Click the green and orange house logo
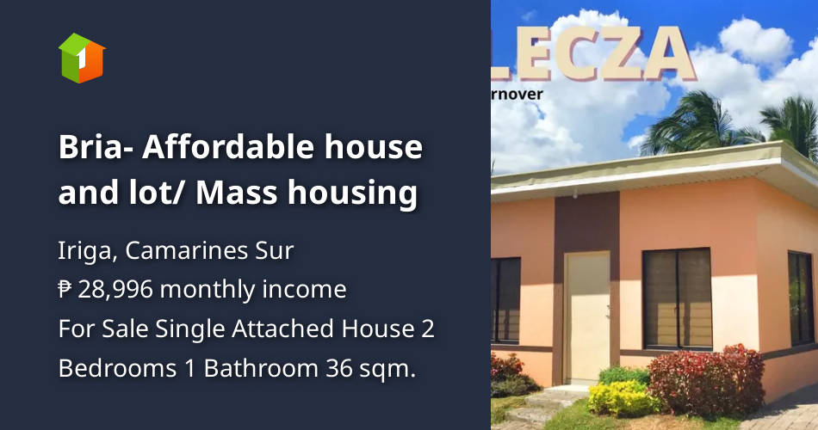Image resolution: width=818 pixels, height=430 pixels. coord(81,58)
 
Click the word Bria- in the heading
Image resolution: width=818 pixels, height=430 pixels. coord(94,148)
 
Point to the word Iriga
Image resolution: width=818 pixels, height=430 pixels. coord(85,252)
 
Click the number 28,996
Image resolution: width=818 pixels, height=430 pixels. coord(115,290)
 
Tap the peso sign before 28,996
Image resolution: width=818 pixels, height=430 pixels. coord(65,290)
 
